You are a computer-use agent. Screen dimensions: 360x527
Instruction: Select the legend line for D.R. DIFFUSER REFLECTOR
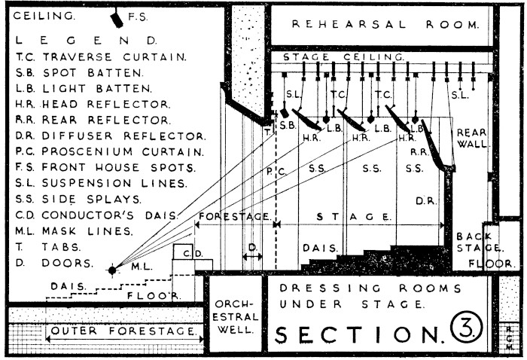(x=110, y=136)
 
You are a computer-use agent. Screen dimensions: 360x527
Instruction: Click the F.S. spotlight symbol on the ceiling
(x=117, y=17)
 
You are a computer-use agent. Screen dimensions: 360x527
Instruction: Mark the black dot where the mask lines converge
(x=113, y=269)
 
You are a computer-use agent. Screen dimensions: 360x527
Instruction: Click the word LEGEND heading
(x=87, y=39)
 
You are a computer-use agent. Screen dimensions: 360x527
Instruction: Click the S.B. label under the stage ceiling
(x=288, y=125)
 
